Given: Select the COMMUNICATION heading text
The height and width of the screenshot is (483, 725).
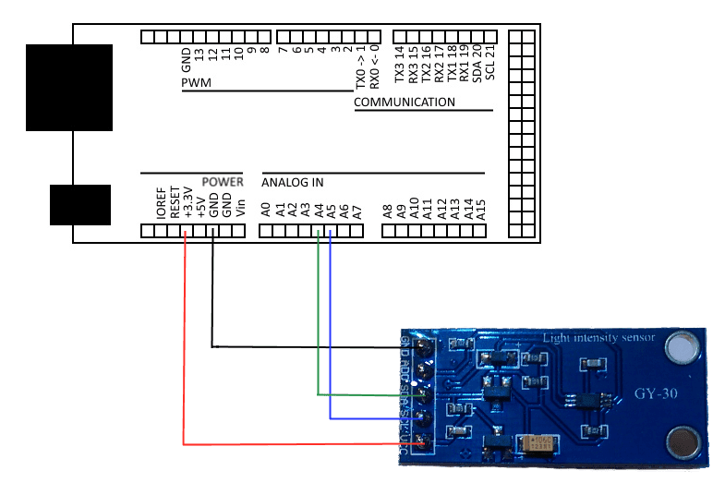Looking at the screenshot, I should click(x=405, y=102).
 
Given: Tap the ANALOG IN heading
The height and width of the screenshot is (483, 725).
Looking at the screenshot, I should click(x=293, y=182).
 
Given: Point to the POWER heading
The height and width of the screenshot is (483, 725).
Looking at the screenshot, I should click(x=223, y=182).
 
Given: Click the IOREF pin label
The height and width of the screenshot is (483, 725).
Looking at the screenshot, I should click(x=162, y=202).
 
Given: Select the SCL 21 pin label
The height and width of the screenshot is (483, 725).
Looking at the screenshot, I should click(x=489, y=63).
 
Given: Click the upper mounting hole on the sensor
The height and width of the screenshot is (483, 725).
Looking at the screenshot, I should click(x=682, y=347).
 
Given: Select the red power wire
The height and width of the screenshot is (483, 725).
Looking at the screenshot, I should click(x=184, y=351).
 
